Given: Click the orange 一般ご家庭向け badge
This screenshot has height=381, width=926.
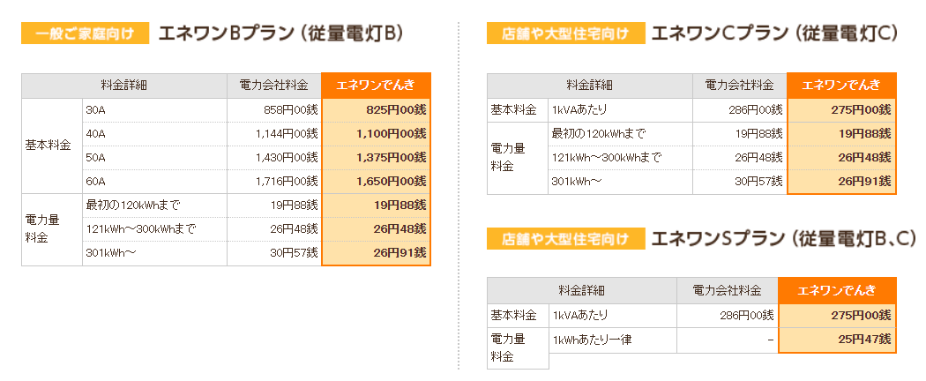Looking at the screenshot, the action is tap(86, 34).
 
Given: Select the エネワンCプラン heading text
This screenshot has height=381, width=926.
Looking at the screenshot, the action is tap(774, 34).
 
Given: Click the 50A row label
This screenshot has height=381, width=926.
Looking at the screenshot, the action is tap(95, 158).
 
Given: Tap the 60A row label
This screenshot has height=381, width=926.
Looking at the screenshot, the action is tap(95, 182).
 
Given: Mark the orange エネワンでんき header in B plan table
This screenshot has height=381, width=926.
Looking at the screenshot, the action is tap(377, 85).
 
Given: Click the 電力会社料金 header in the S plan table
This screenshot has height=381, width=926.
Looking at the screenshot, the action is tap(728, 291).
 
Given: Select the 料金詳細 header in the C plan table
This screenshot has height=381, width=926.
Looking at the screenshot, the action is tap(589, 85).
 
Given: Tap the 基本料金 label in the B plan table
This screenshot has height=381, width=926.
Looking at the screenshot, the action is tap(48, 146).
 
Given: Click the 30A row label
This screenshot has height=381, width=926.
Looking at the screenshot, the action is tap(95, 110).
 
